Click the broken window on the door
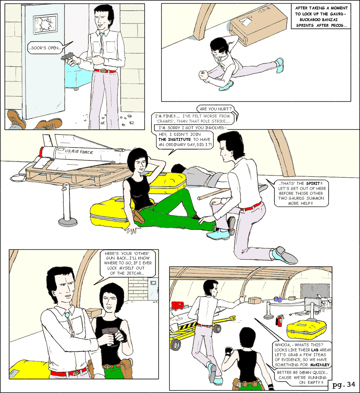(x=45, y=24)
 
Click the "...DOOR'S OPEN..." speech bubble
(x=45, y=47)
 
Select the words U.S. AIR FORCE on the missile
(x=79, y=151)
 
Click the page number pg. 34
(x=344, y=385)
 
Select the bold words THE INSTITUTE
(x=174, y=139)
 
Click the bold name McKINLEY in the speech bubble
(x=320, y=365)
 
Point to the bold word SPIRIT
(x=313, y=183)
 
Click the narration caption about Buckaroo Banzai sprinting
(x=321, y=16)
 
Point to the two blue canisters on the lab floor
(x=278, y=299)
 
